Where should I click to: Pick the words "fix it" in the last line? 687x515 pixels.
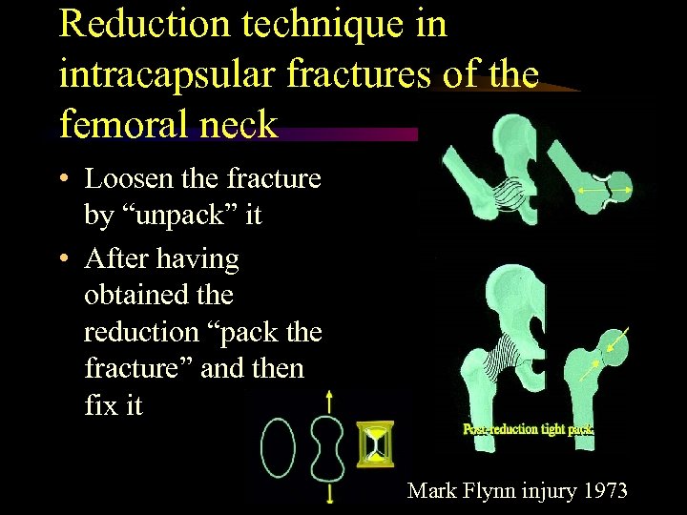pos(114,405)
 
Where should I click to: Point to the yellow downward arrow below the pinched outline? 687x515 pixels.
pos(328,492)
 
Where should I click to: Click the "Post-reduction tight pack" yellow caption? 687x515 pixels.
pos(529,429)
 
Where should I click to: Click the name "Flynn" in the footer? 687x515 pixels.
pos(488,491)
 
